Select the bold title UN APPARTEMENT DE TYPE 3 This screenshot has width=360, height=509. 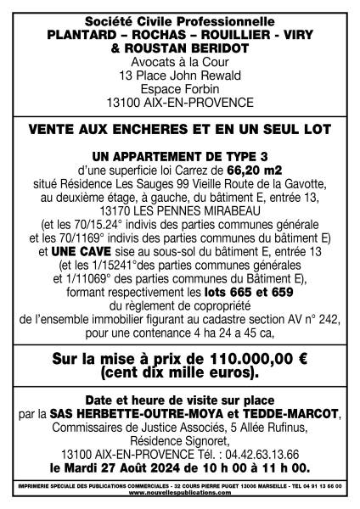179,156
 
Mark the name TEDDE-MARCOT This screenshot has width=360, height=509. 293,414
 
